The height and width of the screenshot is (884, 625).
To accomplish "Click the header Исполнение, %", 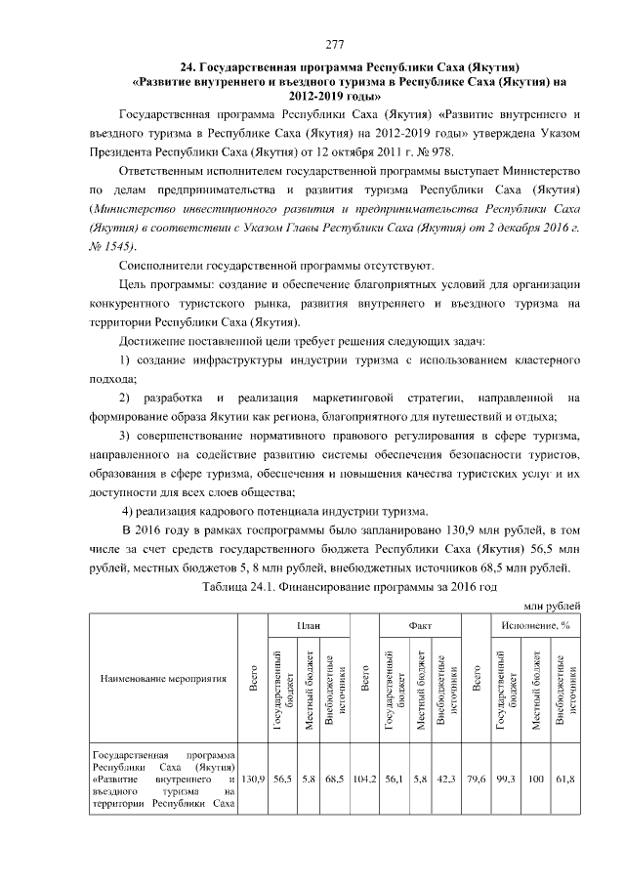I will [534, 624].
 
